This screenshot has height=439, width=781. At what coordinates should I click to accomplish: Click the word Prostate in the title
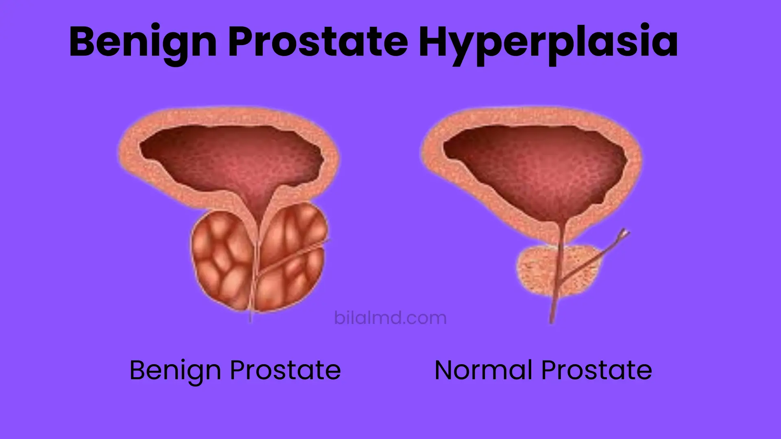click(318, 42)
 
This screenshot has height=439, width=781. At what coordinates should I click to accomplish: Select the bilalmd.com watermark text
click(390, 318)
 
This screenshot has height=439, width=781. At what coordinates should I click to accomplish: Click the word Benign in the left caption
click(175, 371)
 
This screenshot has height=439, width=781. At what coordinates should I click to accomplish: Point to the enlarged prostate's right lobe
click(291, 256)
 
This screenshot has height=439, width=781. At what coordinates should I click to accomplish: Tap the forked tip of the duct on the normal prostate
click(624, 233)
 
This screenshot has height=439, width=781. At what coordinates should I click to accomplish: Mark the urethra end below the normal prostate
click(552, 319)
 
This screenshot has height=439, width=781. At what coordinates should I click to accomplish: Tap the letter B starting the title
click(84, 42)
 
